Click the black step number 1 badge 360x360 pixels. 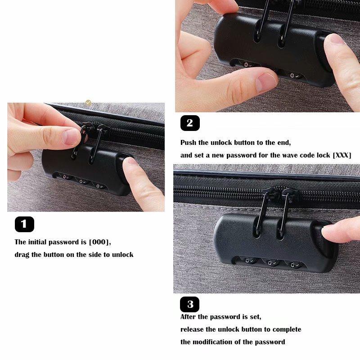24,224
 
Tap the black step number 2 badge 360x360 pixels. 190,123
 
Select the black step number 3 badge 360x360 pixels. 189,304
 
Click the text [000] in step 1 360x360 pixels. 99,242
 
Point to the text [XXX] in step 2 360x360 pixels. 342,155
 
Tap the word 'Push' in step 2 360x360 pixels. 188,143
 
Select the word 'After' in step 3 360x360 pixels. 188,317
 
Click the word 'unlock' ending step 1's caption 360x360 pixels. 122,255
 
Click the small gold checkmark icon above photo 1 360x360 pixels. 88,103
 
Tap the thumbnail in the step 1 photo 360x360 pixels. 71,136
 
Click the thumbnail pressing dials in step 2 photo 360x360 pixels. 266,82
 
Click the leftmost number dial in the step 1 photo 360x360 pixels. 65,177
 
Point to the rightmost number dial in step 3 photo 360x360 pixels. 293,265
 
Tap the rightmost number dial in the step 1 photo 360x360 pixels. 99,185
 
